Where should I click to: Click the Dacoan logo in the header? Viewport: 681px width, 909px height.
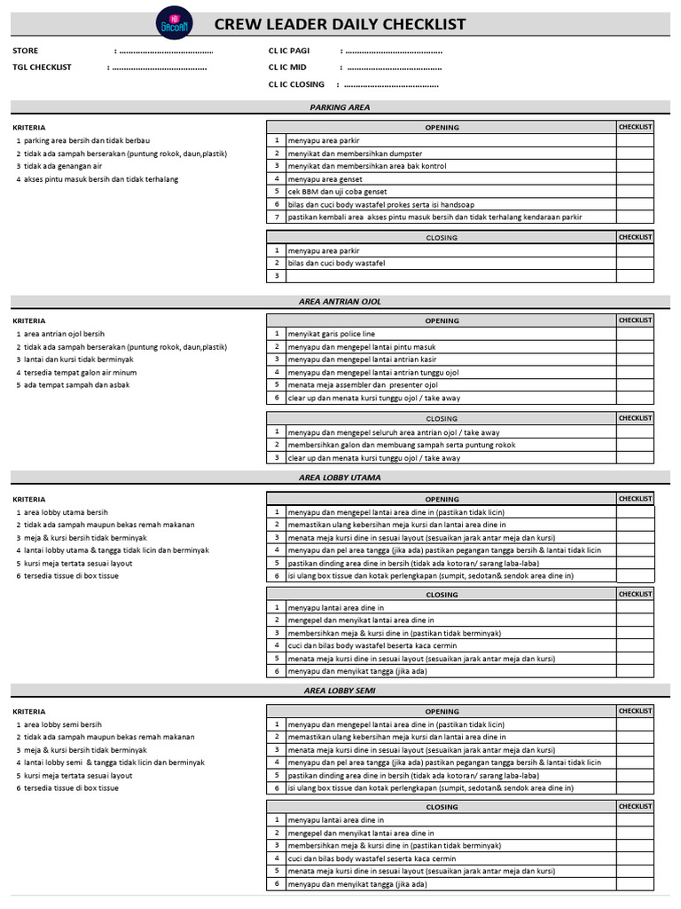click(x=170, y=22)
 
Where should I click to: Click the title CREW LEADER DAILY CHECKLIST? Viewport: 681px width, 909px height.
click(x=340, y=24)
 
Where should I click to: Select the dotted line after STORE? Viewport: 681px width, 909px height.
click(x=164, y=51)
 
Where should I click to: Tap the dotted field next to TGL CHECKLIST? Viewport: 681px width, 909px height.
click(x=158, y=67)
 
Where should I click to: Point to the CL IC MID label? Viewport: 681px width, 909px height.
click(x=287, y=67)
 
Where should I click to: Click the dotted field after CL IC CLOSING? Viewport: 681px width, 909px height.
click(x=390, y=85)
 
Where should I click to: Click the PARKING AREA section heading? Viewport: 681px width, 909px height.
click(x=340, y=107)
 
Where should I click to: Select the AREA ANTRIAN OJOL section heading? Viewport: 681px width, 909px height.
click(x=340, y=302)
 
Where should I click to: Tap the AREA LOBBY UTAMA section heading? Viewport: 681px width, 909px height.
click(x=340, y=478)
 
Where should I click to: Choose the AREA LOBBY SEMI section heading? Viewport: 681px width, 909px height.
click(x=340, y=690)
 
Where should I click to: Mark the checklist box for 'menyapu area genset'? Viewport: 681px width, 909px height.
click(x=635, y=178)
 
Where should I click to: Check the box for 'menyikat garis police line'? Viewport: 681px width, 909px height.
click(x=635, y=334)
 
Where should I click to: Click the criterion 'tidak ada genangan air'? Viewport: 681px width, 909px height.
click(x=63, y=166)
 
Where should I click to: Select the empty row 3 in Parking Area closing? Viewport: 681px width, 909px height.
click(x=443, y=276)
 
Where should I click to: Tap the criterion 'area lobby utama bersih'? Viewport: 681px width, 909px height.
click(x=66, y=512)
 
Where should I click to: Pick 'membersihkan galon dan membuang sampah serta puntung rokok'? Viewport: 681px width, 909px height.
click(x=402, y=445)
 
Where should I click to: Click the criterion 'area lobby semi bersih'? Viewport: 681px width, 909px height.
click(x=63, y=724)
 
